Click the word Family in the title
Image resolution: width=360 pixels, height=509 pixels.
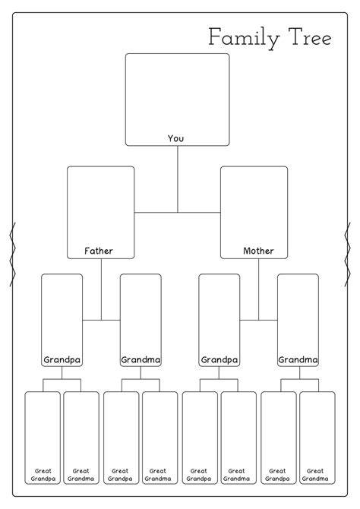[x=244, y=38]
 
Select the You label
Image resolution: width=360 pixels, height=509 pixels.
[x=175, y=138]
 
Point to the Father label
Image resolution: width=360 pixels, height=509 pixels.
[x=99, y=251]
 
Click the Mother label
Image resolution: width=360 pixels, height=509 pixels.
[x=258, y=251]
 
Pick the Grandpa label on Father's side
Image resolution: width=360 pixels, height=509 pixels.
[x=62, y=360]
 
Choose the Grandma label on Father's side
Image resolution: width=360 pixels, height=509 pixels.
[x=141, y=359]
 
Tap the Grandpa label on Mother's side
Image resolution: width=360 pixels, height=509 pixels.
[x=219, y=360]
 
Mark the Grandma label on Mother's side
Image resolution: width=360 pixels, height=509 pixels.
[x=298, y=359]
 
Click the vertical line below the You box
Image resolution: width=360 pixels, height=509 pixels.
[x=178, y=179]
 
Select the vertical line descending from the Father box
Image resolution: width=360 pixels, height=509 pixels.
[x=101, y=289]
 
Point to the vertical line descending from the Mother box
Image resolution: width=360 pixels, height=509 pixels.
[x=259, y=289]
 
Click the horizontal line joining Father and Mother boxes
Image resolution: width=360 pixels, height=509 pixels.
[x=177, y=213]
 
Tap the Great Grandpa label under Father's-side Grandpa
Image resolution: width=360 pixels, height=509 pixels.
[x=43, y=475]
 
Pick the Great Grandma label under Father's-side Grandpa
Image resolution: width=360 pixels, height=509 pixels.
[x=81, y=475]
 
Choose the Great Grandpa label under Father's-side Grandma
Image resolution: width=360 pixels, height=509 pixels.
[x=120, y=475]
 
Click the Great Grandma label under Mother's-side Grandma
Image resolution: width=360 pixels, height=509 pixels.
[x=315, y=475]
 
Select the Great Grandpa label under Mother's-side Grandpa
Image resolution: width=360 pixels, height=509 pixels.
[x=199, y=475]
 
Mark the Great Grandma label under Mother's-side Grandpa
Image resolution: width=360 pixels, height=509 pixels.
[x=236, y=475]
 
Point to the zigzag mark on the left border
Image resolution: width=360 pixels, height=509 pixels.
[x=13, y=254]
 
